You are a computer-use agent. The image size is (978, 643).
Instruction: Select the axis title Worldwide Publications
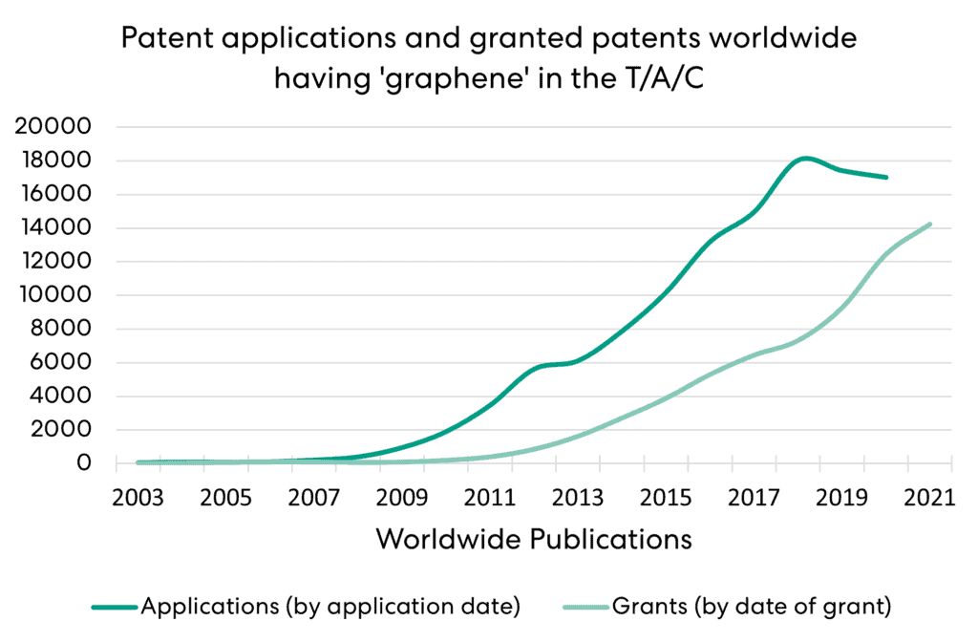pos(534,539)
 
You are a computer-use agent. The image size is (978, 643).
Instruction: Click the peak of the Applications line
pos(806,158)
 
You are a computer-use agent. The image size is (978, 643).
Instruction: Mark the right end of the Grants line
pos(929,225)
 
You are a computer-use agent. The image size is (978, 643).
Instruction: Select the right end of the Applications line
pos(886,178)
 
